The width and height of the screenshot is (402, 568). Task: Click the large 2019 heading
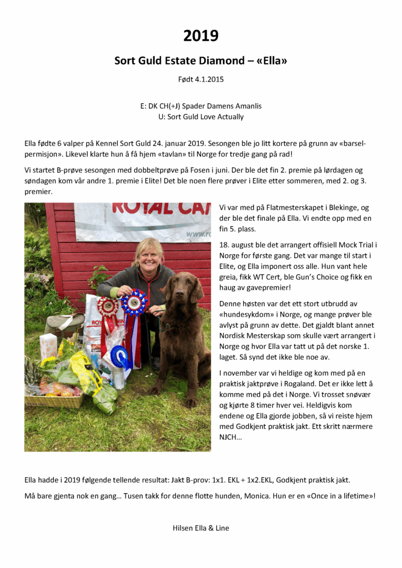pyautogui.click(x=201, y=36)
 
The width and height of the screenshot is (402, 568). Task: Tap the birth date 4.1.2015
pyautogui.click(x=208, y=79)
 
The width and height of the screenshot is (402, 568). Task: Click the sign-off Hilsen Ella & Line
pyautogui.click(x=201, y=528)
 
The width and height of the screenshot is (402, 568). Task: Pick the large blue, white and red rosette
pyautogui.click(x=134, y=304)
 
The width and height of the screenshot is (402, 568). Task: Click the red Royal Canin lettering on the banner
pyautogui.click(x=161, y=209)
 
